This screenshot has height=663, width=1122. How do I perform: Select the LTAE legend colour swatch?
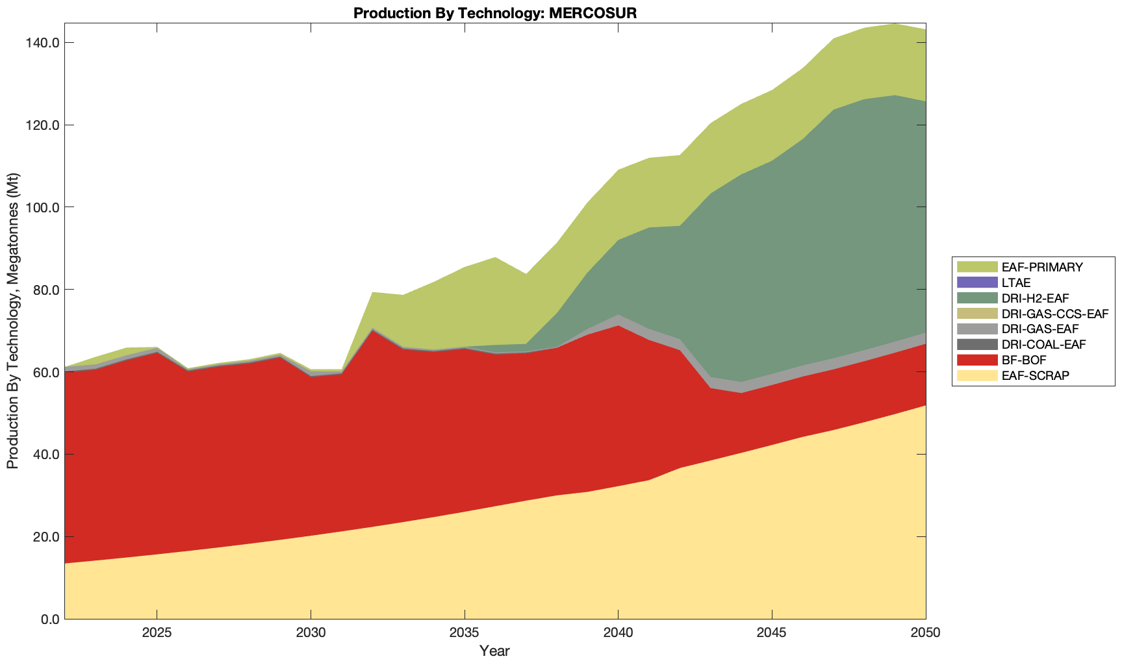coord(976,282)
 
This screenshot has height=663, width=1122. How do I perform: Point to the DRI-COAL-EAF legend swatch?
coord(976,344)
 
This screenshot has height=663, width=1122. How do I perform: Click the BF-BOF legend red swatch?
coord(976,360)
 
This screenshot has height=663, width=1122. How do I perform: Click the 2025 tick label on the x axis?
coord(157,633)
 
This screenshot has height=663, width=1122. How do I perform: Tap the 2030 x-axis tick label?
coord(311,633)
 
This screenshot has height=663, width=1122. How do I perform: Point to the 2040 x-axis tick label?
coord(618,633)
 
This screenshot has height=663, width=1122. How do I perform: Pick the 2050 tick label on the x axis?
coord(925,633)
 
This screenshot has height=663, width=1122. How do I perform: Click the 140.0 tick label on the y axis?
coord(43,43)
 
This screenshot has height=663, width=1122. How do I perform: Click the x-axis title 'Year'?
coord(494,651)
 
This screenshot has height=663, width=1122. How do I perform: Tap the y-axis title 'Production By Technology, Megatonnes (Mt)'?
coord(12,321)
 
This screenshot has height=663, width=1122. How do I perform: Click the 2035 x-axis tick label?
coord(465,633)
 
